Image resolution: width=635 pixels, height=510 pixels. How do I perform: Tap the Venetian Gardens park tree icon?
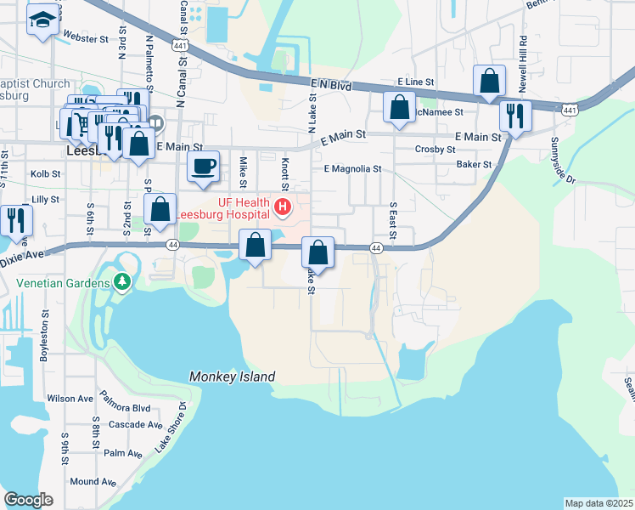pos(122,280)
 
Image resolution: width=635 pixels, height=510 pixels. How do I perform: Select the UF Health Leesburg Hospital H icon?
pos(281,206)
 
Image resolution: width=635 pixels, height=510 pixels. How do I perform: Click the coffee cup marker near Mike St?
pos(203,166)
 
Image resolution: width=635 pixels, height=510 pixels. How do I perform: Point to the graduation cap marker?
pos(41,19)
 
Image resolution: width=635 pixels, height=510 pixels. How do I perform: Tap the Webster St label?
pos(87,39)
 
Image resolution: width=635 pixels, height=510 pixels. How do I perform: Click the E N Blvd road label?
pos(330,84)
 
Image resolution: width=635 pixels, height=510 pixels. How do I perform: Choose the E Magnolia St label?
pos(352,169)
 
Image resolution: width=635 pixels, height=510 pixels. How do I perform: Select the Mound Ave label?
pos(93,482)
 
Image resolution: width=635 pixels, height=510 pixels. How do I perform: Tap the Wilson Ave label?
pos(70,398)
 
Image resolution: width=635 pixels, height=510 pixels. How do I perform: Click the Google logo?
pos(28,500)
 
